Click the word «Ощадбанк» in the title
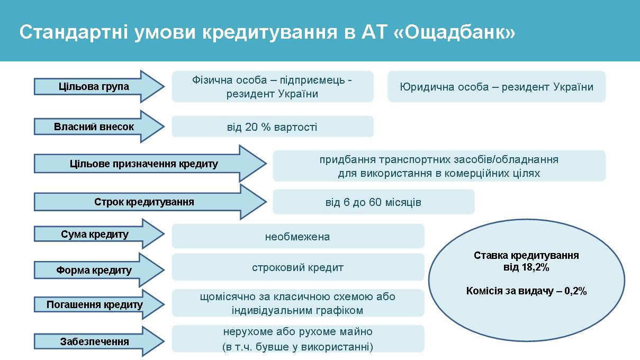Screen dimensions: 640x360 (x=454, y=32)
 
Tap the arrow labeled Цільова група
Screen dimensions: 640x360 (x=99, y=86)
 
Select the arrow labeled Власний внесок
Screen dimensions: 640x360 (x=99, y=127)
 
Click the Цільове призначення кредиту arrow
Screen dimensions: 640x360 (x=150, y=164)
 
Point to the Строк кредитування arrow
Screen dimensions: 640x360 (x=150, y=202)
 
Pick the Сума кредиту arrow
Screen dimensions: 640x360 (x=99, y=234)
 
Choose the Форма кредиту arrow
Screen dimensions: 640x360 (x=99, y=270)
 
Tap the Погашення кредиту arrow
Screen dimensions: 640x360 (x=99, y=304)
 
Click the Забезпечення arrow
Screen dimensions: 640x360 (x=99, y=341)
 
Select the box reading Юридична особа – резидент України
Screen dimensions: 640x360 (x=497, y=87)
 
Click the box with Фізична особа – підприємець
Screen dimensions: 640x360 (x=273, y=87)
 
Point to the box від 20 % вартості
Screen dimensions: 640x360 (x=273, y=127)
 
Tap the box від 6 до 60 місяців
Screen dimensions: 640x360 (x=373, y=202)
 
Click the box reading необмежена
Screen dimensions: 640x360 (x=298, y=236)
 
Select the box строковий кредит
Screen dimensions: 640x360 (x=298, y=267)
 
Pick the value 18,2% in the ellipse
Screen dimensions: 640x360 (x=535, y=267)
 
